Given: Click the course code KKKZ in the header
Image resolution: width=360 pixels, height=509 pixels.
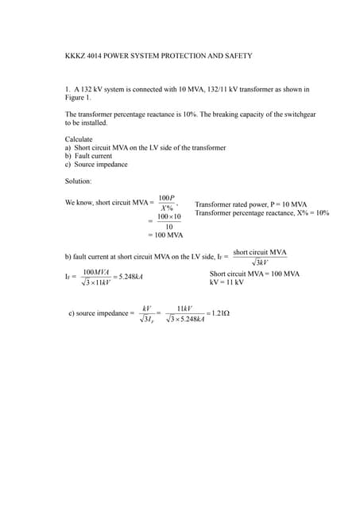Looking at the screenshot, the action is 75,56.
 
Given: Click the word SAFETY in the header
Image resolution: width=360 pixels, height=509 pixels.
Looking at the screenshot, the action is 236,56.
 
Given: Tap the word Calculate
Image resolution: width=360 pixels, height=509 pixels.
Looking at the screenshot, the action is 79,139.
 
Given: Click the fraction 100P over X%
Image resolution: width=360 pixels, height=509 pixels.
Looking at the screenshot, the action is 166,203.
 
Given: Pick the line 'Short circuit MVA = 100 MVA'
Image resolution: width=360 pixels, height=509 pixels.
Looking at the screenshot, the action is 254,274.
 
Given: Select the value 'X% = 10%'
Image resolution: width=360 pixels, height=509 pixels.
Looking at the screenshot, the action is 311,212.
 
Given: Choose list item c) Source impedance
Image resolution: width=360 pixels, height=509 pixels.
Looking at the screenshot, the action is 95,165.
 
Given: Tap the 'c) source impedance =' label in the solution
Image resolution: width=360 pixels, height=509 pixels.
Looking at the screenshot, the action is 101,313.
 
